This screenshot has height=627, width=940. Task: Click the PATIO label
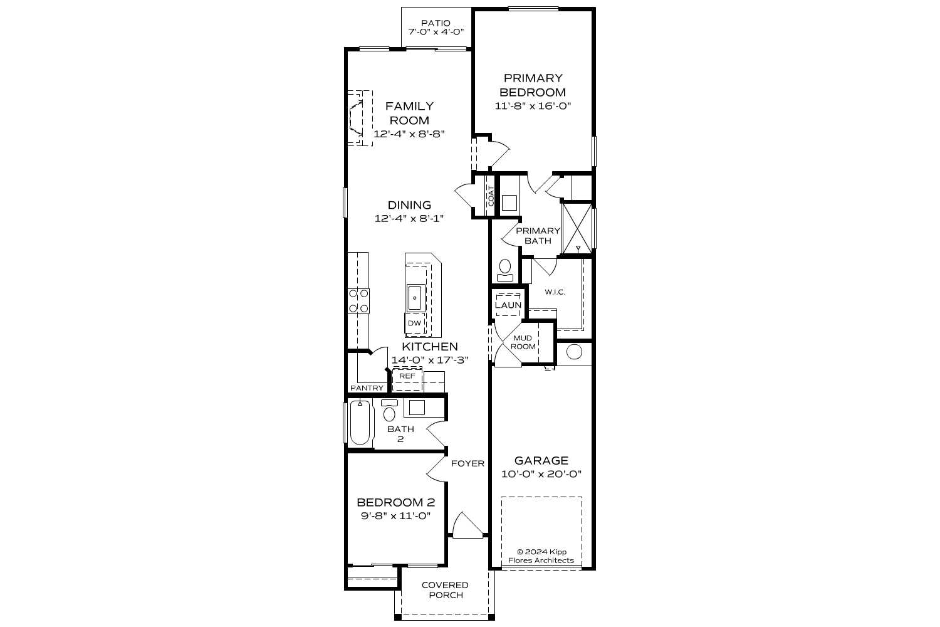[x=436, y=23]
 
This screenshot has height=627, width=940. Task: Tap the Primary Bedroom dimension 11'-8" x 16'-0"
[x=533, y=106]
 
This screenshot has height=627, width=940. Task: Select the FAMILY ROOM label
[x=409, y=113]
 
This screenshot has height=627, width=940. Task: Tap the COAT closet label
[x=491, y=196]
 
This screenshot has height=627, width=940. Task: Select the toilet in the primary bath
[x=504, y=270]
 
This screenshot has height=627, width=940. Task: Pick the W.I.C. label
[x=555, y=292]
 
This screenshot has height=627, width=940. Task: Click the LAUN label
[x=508, y=305]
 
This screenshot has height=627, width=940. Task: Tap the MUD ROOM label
[x=523, y=342]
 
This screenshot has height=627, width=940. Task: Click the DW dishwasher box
[x=414, y=324]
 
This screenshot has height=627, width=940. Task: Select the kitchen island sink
[x=415, y=297]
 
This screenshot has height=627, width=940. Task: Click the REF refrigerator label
[x=407, y=376]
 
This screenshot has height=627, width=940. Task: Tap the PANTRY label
[x=367, y=388]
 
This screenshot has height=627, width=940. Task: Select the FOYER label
[x=467, y=463]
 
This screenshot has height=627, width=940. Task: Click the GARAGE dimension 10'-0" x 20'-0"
[x=541, y=474]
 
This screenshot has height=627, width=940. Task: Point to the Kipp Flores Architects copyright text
[x=541, y=556]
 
